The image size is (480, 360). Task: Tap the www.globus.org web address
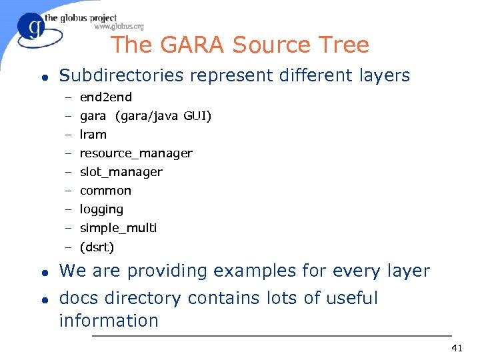point(119,27)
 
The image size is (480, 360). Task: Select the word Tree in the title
point(345,45)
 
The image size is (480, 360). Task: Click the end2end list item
point(106,97)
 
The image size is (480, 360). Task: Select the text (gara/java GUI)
point(163,117)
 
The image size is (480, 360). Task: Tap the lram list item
point(93,135)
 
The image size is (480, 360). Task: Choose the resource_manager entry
point(136,153)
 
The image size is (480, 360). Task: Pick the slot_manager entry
point(121,172)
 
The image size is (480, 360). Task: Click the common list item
point(105,191)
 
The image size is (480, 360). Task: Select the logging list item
point(101,209)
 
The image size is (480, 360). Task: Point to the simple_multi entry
point(118,228)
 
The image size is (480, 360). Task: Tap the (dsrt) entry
point(97,247)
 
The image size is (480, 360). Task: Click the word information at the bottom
point(109,321)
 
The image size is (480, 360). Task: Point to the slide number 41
point(457,348)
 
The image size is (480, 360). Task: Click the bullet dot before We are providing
point(43,272)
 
